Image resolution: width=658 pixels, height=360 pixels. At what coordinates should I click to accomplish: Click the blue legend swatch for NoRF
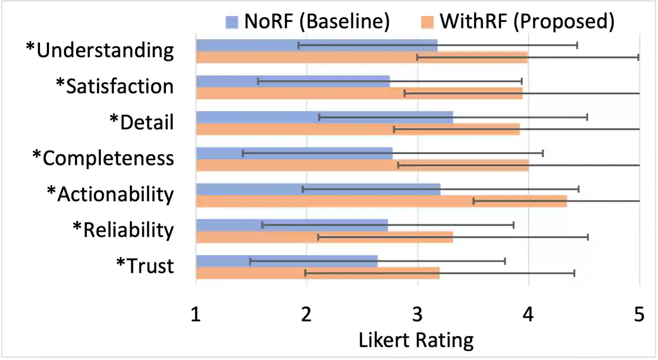tap(232, 22)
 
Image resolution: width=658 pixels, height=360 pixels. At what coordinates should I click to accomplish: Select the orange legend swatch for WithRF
tap(428, 22)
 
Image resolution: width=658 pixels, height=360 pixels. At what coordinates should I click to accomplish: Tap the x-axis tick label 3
tap(417, 315)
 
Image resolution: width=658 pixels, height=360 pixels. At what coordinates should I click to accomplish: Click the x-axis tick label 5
tap(639, 315)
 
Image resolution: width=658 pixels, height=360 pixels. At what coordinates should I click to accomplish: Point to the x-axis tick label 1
tap(195, 315)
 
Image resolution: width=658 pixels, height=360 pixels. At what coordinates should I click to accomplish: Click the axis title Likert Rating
tap(416, 340)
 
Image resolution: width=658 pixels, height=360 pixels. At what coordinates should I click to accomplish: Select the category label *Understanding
tap(100, 50)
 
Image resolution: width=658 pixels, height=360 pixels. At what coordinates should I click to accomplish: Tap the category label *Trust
tap(145, 266)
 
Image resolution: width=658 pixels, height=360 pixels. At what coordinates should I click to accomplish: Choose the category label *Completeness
tap(103, 158)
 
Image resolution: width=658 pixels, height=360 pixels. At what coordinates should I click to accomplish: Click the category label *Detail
tap(142, 122)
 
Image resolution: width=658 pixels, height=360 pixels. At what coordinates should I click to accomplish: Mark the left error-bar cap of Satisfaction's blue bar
tap(258, 81)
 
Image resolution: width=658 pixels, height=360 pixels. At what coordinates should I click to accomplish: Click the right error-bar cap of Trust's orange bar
tap(574, 273)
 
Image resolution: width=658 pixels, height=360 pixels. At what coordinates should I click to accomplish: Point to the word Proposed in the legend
tap(564, 21)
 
